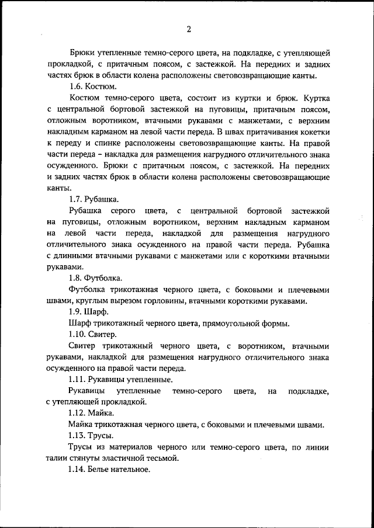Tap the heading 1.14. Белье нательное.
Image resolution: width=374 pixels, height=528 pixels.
(109, 470)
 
